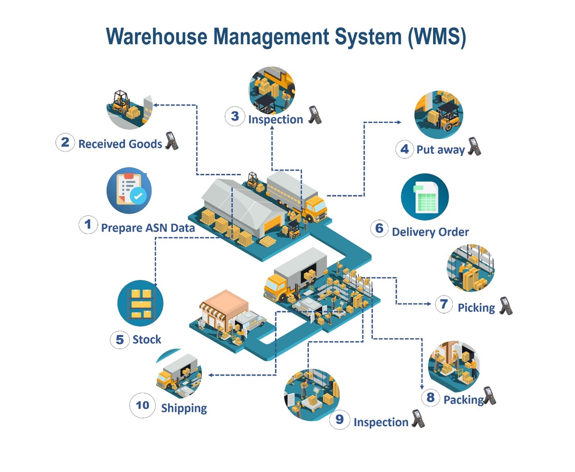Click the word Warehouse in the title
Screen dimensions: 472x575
157,37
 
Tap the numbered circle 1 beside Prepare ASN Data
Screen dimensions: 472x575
88,224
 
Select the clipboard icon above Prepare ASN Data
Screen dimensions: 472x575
129,190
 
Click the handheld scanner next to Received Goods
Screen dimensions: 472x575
172,141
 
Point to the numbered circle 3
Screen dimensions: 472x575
235,116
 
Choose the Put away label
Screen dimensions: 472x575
440,150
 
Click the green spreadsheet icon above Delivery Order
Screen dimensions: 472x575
425,197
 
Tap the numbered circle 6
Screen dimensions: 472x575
379,228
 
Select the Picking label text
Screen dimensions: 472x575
476,308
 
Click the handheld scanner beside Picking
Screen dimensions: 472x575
506,306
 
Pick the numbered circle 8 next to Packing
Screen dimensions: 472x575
431,398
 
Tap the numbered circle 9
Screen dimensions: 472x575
339,419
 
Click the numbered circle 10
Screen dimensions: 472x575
142,405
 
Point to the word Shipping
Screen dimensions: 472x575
184,408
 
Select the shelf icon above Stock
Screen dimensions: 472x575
140,303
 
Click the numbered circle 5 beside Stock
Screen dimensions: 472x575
119,339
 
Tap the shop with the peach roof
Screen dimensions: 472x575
224,310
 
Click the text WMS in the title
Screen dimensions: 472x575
437,37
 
